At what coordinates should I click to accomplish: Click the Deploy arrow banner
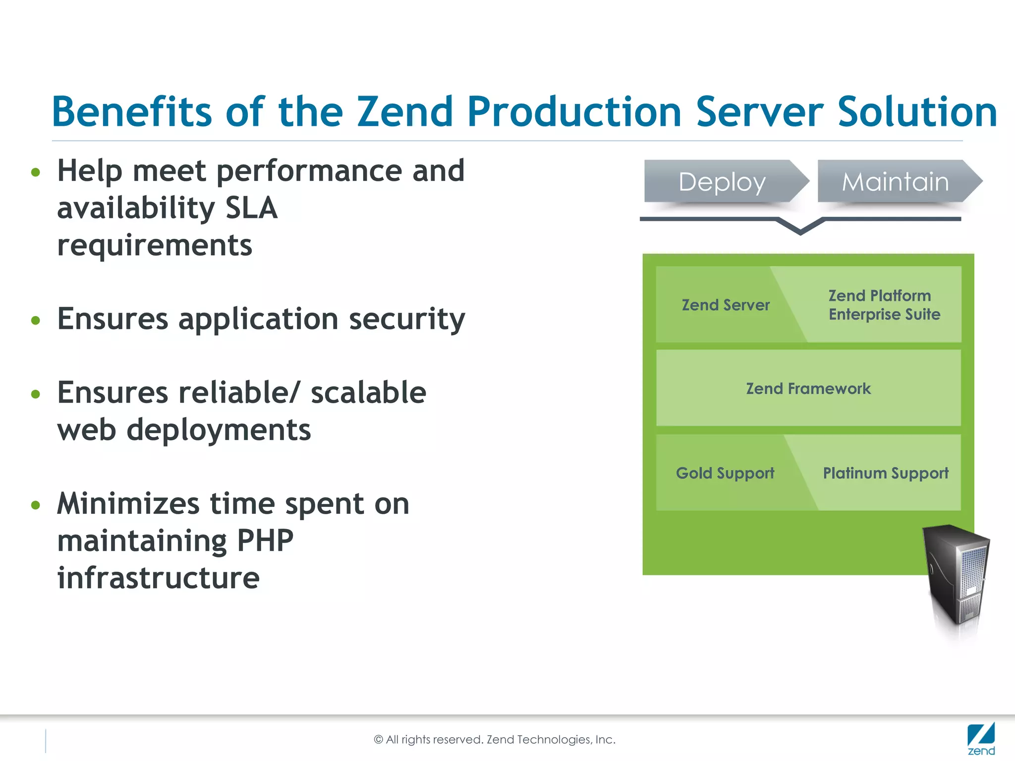723,182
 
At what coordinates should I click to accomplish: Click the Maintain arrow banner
896,182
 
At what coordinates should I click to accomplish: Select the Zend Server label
726,305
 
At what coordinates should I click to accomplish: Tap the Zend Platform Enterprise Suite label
884,305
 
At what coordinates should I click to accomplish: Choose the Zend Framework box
808,388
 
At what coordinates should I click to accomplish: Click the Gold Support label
725,473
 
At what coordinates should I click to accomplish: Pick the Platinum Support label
886,473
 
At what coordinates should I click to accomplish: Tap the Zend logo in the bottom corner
981,739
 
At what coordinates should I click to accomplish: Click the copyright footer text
495,740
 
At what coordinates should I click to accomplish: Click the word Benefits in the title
132,112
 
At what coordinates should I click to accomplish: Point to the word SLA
251,208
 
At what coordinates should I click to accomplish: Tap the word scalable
368,393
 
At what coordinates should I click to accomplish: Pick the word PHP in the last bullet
265,541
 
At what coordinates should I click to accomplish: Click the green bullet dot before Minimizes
35,505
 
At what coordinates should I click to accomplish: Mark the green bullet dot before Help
35,172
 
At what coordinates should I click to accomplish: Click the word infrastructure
158,578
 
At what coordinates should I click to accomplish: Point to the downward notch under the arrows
800,229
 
